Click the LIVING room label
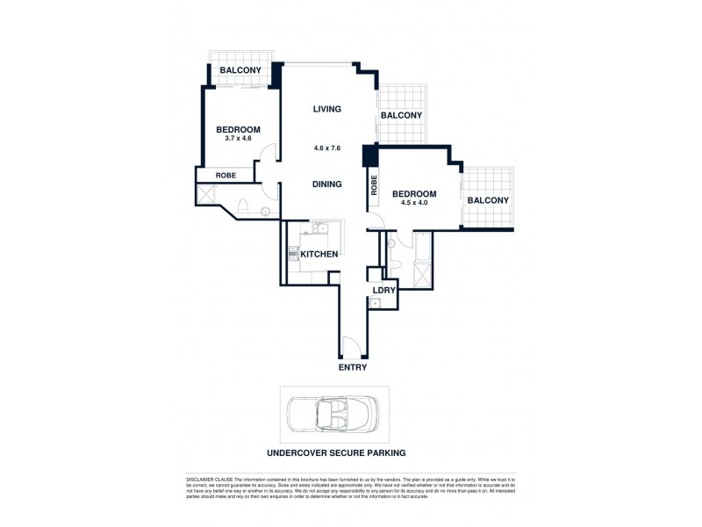pos(326,110)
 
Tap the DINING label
pos(326,184)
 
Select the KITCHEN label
pos(319,254)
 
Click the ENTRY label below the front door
pos(353,367)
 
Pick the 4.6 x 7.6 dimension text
pos(326,148)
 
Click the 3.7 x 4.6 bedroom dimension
pos(238,139)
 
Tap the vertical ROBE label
pos(374,184)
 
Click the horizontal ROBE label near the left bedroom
pos(226,176)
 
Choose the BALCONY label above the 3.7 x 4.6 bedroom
pos(239,70)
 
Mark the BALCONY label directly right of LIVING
pos(402,115)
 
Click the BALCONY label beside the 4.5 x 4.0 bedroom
pos(488,200)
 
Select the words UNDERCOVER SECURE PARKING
pos(336,453)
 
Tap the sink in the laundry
pos(375,304)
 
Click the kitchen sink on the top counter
pos(321,230)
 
